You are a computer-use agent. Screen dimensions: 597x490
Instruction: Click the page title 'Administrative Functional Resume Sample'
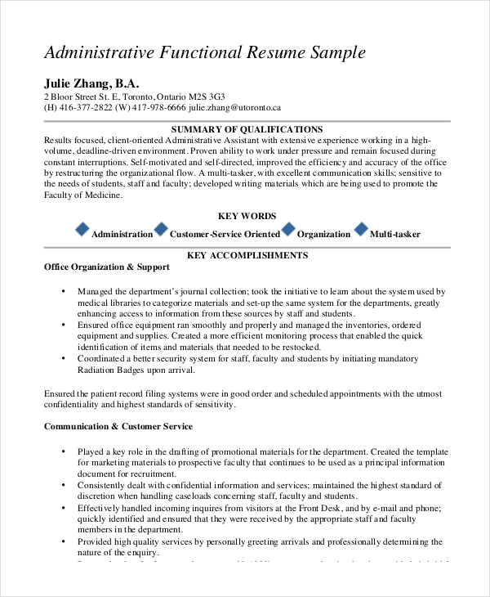coord(204,53)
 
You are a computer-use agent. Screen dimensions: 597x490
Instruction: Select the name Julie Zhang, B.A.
coord(91,83)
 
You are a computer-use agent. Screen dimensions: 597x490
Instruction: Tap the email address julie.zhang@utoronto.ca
coord(234,107)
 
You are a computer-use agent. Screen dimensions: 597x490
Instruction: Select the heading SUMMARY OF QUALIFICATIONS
coord(247,129)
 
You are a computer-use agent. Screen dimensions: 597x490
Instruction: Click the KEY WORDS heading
coord(247,216)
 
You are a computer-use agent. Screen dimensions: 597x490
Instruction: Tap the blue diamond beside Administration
coord(82,229)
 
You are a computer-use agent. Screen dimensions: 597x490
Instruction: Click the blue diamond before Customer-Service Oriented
coord(161,229)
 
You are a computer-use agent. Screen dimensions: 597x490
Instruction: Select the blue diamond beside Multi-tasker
coord(360,229)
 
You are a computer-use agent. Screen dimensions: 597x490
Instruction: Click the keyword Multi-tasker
coord(395,235)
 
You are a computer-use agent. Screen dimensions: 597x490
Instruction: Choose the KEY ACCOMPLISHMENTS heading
coord(247,255)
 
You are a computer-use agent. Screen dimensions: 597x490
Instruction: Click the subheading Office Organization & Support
coord(106,267)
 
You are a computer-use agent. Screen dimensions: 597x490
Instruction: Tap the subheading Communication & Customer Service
coord(118,426)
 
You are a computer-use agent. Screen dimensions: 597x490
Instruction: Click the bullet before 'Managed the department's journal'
coord(63,291)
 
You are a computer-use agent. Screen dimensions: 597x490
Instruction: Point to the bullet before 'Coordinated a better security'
coord(63,359)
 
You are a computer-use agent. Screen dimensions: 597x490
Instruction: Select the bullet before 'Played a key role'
coord(63,451)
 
